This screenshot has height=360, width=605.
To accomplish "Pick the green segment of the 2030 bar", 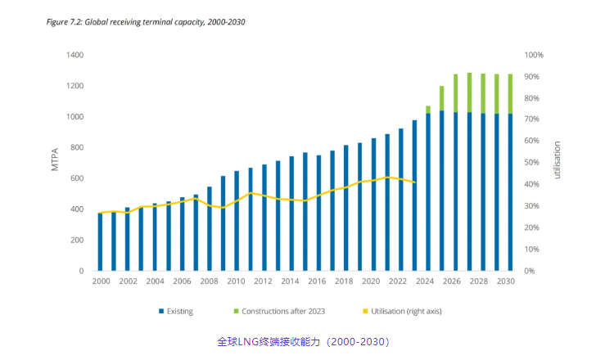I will [510, 94].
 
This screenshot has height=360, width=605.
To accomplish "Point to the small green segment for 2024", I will [428, 109].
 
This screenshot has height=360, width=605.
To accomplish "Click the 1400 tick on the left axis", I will [74, 55].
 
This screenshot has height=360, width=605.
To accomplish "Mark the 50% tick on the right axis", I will [532, 163].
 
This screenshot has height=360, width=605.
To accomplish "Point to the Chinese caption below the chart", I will [302, 341].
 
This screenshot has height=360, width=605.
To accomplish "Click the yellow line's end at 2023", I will [414, 182].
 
